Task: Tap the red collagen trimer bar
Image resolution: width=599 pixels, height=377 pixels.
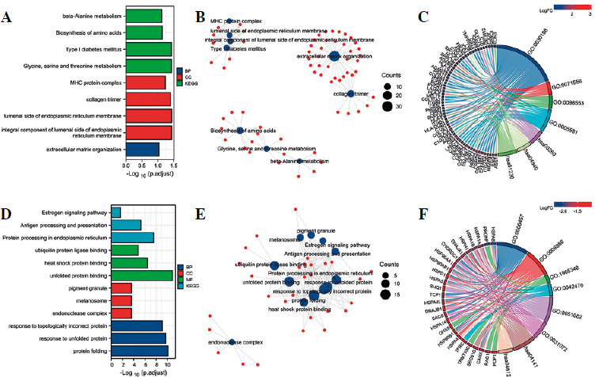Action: click(149, 98)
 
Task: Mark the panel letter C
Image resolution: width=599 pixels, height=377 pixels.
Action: click(424, 14)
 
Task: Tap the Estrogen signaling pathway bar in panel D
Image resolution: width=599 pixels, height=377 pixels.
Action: click(116, 212)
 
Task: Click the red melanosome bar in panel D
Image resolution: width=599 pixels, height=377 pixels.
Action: click(122, 300)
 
